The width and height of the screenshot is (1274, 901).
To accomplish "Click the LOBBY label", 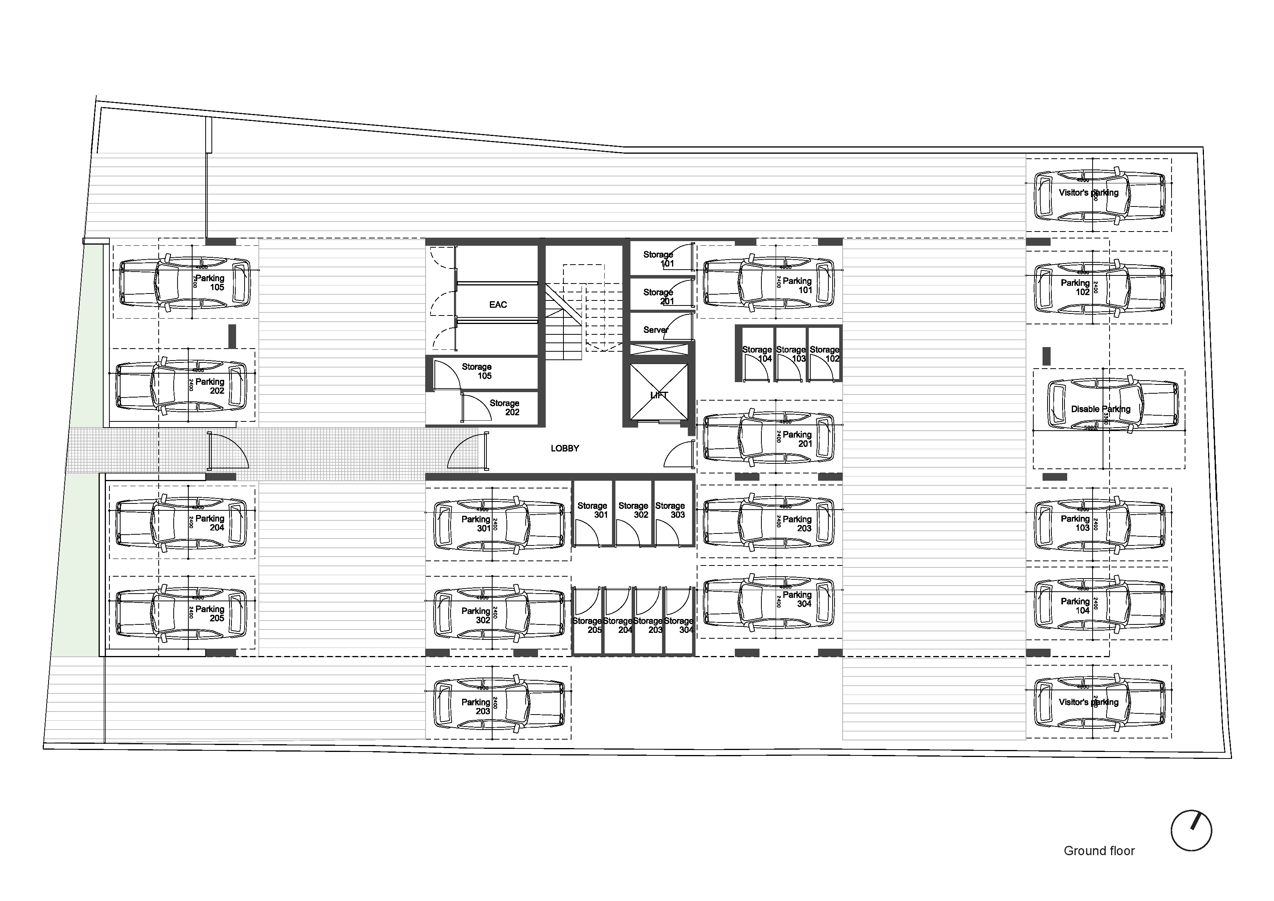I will (x=565, y=448).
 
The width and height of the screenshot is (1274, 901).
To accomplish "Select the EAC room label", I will (x=498, y=304).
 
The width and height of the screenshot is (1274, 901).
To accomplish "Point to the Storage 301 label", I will (x=593, y=510).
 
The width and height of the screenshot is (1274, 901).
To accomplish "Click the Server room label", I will (x=655, y=330).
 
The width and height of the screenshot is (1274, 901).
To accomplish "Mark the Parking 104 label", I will (x=1075, y=606).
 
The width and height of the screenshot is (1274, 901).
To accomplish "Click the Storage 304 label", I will (x=679, y=625).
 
